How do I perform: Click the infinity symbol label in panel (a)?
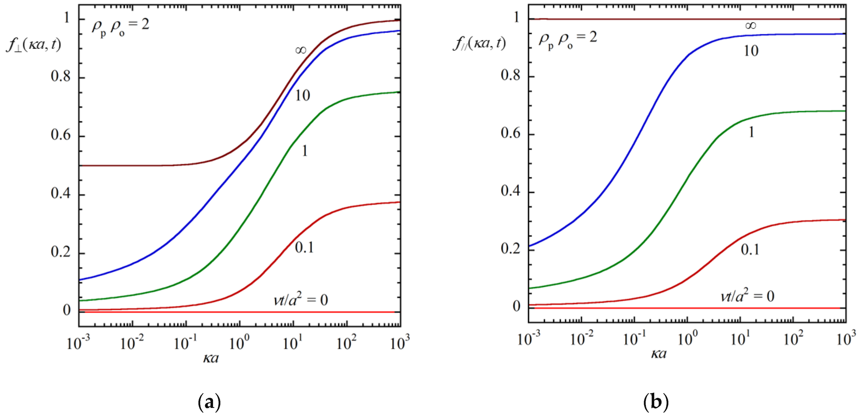click(301, 50)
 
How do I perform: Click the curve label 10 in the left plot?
click(303, 96)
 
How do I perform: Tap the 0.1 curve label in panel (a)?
click(304, 248)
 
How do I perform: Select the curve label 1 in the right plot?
click(752, 132)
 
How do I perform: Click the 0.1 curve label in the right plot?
click(750, 250)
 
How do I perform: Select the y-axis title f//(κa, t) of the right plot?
click(479, 43)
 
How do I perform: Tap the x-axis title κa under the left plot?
click(211, 358)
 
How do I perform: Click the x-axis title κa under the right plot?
click(659, 353)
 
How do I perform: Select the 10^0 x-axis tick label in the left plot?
click(239, 342)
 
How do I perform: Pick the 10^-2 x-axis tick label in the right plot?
click(582, 338)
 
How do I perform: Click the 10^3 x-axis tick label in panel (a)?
click(400, 342)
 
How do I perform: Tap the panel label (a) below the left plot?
click(210, 402)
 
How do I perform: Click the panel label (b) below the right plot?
click(656, 402)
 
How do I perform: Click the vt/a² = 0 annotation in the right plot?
click(747, 296)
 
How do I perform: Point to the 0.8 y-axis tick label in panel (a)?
click(61, 77)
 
